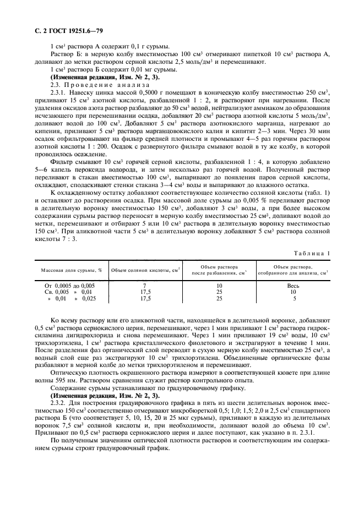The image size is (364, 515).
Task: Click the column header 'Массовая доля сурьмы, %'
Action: [x=70, y=270]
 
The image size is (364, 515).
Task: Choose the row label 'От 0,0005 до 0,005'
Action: [x=70, y=286]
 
